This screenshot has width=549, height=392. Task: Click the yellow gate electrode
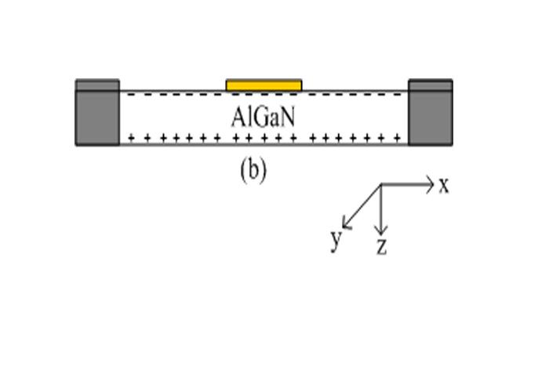(x=264, y=85)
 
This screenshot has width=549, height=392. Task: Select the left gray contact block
(x=97, y=118)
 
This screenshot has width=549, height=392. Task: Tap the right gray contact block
(x=431, y=118)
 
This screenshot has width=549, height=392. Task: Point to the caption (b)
(x=253, y=171)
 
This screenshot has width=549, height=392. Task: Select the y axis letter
(x=336, y=238)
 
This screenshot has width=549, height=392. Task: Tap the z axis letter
(x=381, y=247)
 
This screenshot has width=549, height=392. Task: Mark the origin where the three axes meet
(x=380, y=185)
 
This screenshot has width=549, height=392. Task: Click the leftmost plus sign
(x=130, y=139)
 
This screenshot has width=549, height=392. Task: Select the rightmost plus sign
(x=398, y=139)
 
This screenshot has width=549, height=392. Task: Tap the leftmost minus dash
(x=125, y=95)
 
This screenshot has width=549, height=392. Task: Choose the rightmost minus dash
(x=403, y=95)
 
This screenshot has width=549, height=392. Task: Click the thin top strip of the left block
(x=97, y=85)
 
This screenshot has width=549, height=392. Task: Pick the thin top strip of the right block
(x=431, y=85)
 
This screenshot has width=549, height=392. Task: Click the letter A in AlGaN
(x=238, y=117)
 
